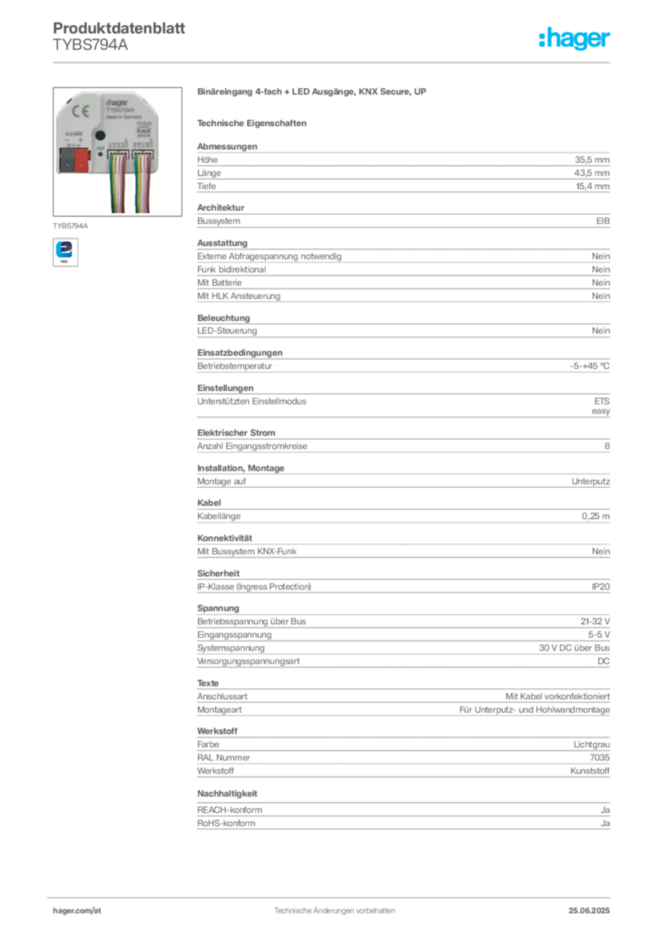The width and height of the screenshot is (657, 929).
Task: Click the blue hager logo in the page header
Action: pos(575,39)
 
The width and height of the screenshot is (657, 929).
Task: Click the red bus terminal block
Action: pos(81,161)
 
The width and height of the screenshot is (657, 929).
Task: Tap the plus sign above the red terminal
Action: pos(80,141)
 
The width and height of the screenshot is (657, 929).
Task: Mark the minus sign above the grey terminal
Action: pos(67,141)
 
